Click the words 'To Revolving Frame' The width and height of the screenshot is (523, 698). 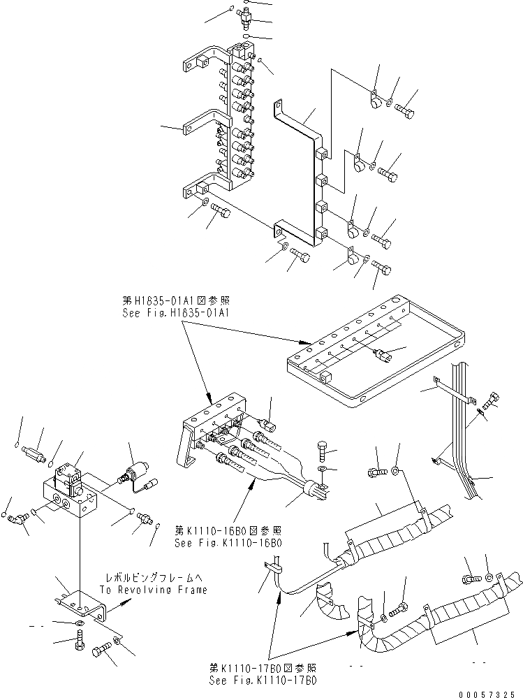[x=153, y=590]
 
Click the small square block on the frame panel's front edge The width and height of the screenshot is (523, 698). [x=325, y=377]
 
